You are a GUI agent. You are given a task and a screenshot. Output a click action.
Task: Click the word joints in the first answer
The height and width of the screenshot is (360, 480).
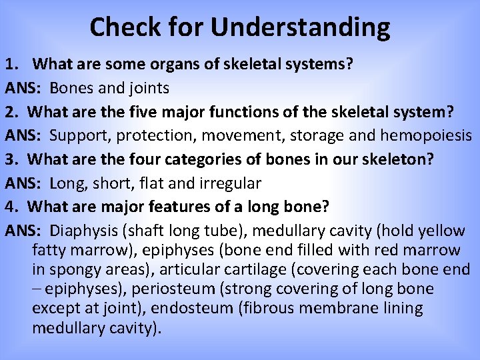[149, 88]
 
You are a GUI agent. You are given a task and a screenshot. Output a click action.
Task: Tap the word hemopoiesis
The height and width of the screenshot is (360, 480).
[426, 135]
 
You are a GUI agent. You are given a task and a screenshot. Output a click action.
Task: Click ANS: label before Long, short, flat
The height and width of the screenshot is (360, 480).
[23, 183]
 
